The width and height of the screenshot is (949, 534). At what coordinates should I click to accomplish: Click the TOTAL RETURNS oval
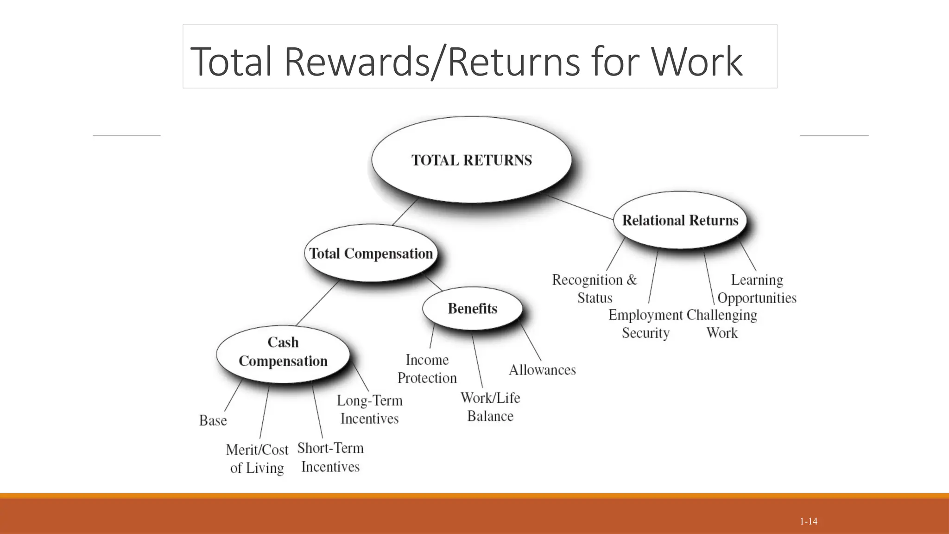[471, 159]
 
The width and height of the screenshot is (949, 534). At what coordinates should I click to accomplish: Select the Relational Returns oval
[680, 220]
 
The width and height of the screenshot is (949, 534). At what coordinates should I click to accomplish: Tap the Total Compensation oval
[371, 253]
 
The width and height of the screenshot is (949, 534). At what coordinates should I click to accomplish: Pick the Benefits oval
[472, 308]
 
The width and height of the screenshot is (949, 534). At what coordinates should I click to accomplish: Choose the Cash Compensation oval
[283, 352]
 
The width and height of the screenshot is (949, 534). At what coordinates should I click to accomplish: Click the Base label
[213, 420]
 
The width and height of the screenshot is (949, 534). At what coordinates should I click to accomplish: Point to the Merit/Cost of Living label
[257, 458]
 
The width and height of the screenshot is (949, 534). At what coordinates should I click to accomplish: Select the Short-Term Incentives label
[330, 457]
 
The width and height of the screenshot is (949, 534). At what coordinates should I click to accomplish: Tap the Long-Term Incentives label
[369, 409]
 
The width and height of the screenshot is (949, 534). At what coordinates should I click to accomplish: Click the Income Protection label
[427, 369]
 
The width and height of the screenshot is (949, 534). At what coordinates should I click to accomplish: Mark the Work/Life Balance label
[490, 407]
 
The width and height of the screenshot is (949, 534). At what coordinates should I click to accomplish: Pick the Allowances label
[542, 370]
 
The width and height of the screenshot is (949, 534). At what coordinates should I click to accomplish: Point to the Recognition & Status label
[595, 288]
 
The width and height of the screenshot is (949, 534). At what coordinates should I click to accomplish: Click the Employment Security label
[645, 324]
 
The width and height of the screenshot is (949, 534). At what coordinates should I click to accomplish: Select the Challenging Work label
[722, 324]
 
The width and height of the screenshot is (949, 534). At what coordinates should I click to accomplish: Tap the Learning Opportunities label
[757, 288]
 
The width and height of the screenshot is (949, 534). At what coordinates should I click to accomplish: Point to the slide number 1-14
[809, 521]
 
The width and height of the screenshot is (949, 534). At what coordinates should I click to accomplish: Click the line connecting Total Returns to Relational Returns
[580, 207]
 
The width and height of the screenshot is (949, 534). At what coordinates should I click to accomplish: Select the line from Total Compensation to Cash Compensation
[318, 303]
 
